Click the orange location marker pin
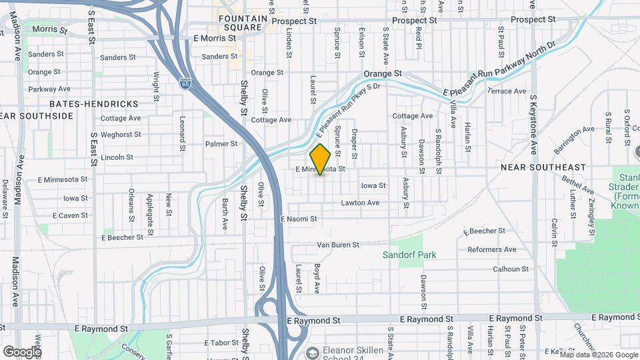(321, 158)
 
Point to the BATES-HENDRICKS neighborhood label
(94, 104)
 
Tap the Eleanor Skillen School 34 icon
(312, 351)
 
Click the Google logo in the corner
(21, 351)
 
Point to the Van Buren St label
(337, 245)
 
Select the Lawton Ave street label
(360, 203)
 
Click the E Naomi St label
(299, 219)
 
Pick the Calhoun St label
(510, 269)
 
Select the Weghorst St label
(121, 135)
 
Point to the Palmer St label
(221, 143)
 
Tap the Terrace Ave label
(507, 91)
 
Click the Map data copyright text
(597, 355)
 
